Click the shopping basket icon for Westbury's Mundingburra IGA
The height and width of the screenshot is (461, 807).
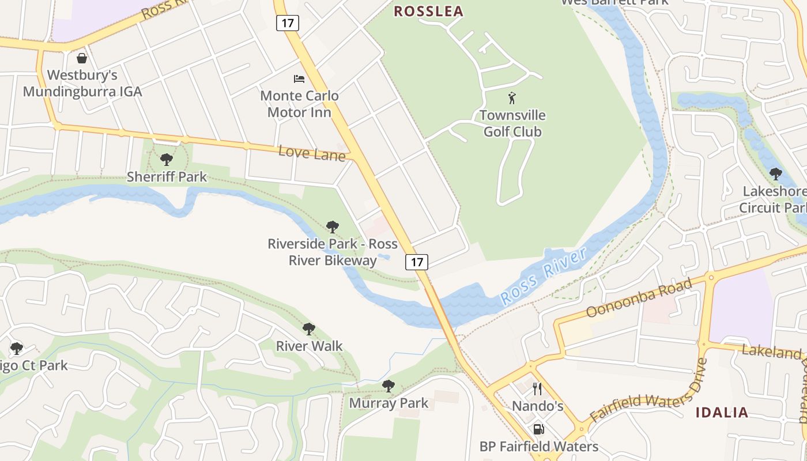tap(82, 58)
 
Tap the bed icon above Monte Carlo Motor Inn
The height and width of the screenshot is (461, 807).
tap(299, 78)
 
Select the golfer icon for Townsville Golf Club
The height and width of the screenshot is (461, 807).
tap(512, 98)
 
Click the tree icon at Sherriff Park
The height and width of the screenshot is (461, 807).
tap(167, 159)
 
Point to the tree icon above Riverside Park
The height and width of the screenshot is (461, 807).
tap(332, 226)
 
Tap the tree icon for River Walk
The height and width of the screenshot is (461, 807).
tap(309, 329)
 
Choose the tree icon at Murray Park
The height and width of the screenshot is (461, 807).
tap(389, 386)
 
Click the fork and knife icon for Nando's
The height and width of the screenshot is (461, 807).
tap(537, 388)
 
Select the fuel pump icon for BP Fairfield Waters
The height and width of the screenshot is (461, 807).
tap(538, 429)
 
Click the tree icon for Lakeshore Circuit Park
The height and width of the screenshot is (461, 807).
tap(775, 173)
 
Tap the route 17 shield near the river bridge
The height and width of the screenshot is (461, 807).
tap(417, 262)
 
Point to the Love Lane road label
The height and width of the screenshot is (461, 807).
tap(312, 153)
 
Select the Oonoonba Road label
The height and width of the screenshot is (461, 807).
tap(639, 298)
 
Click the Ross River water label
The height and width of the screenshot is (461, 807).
tap(543, 275)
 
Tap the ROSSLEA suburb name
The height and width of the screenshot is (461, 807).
tap(428, 12)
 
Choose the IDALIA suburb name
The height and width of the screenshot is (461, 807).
tap(722, 413)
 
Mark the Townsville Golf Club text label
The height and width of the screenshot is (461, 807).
tap(512, 123)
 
